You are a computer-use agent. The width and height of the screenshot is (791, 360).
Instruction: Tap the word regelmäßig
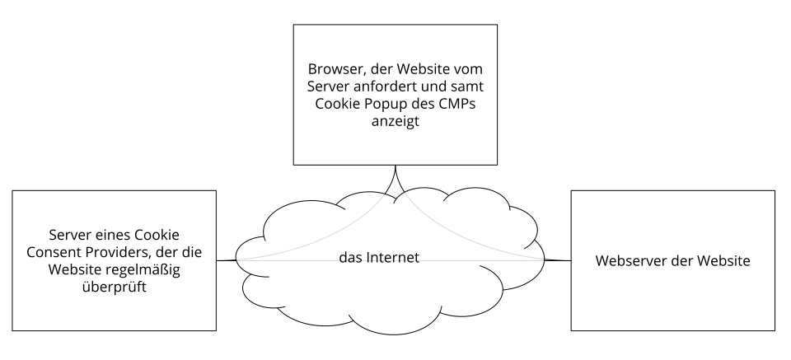click(x=142, y=272)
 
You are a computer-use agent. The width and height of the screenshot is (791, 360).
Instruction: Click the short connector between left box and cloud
click(x=227, y=261)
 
